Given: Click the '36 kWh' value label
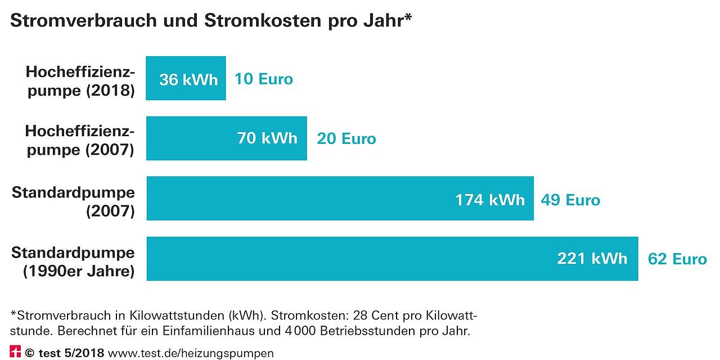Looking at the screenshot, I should coord(188,79).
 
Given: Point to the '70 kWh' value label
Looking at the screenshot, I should coord(267,138).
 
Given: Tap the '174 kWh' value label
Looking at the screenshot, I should coord(490,200).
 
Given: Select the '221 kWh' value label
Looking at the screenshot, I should coord(592,258).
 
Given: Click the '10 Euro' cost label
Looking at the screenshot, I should coord(264,79).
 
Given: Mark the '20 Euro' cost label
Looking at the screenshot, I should coord(346,138).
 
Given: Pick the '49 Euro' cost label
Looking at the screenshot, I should coord(570,200).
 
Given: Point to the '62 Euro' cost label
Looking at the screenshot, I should coord(677,259).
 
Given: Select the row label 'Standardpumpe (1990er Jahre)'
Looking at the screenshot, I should coord(74,262).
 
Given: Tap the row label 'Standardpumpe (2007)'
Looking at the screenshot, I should coord(74,201).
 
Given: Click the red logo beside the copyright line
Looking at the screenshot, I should coord(15,352).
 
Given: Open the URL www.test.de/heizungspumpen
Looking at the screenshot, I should coord(191,353).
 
